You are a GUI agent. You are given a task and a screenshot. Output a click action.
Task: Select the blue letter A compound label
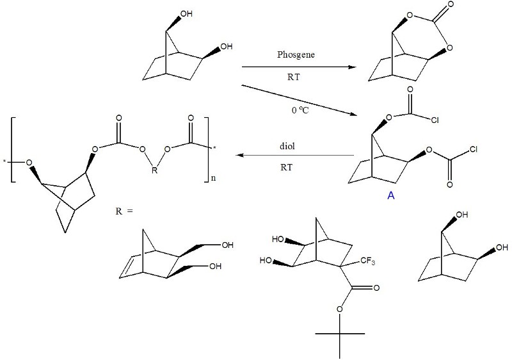tap(391, 197)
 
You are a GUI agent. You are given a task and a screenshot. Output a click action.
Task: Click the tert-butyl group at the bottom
tap(340, 333)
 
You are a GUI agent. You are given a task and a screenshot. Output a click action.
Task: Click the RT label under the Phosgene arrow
tap(297, 76)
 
